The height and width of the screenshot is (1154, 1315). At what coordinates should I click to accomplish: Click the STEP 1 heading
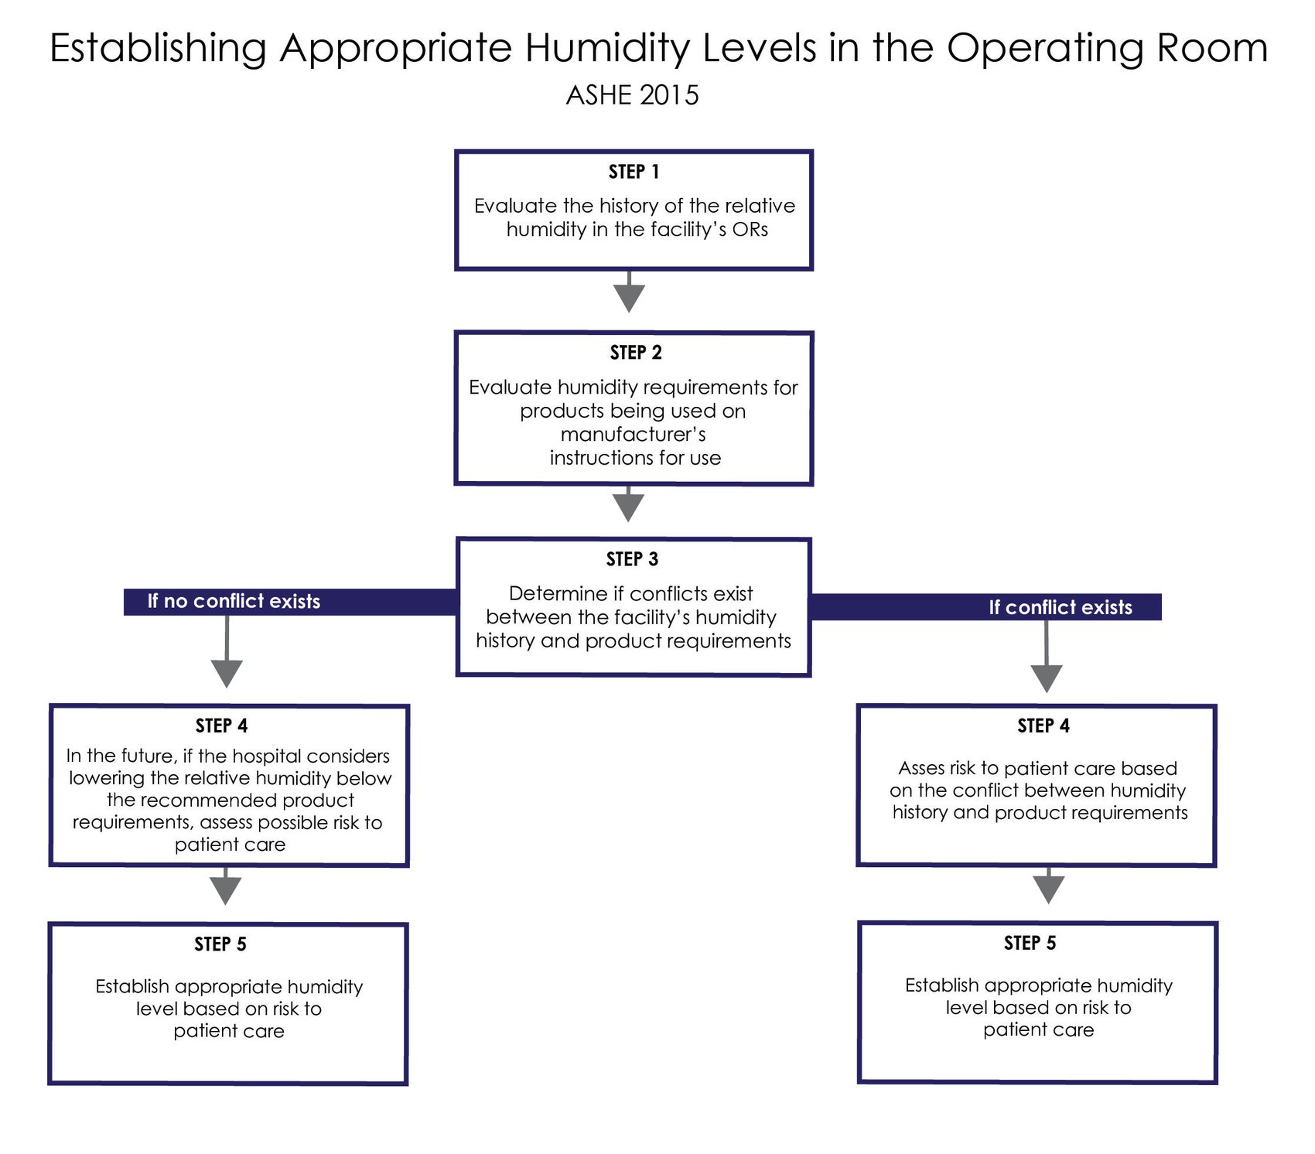634,172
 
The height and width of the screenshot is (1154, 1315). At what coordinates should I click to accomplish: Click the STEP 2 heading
635,353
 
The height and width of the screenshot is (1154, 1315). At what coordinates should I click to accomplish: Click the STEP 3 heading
632,559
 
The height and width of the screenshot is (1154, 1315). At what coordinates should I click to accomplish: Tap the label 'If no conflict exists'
234,601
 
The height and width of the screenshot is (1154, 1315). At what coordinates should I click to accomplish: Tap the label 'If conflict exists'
1060,607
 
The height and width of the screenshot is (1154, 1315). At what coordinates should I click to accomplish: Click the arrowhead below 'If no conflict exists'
227,672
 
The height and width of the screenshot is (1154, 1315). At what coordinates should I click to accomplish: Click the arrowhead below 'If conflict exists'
1046,678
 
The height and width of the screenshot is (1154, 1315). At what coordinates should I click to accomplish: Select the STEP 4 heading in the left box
221,726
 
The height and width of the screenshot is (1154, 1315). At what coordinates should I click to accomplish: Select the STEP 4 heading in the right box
1043,726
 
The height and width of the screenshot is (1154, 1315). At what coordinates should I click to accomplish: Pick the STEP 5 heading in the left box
220,944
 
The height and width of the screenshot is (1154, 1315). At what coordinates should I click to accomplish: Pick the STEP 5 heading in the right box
1030,943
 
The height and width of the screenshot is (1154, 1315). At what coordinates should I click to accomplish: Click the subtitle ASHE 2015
632,95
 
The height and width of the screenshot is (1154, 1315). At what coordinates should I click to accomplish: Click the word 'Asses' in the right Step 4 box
920,768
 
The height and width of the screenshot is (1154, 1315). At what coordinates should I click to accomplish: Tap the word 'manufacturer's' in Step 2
633,435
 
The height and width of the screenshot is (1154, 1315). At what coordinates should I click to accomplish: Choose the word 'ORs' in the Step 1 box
750,230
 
